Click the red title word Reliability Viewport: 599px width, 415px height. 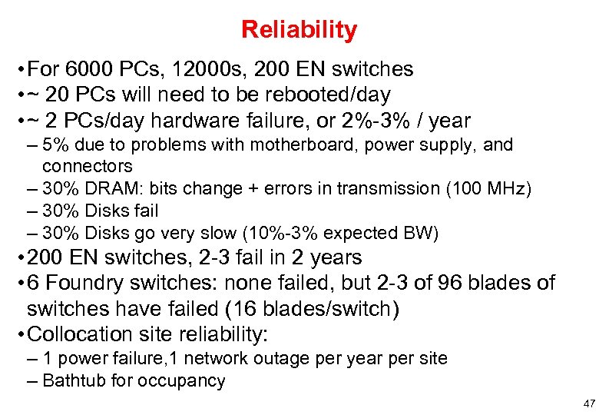(299, 30)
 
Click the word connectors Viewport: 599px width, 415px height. (87, 166)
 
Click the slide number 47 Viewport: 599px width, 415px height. (589, 403)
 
